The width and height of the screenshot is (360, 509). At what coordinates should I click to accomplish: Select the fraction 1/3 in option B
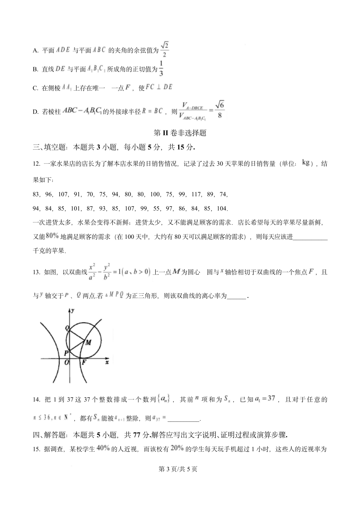click(161, 68)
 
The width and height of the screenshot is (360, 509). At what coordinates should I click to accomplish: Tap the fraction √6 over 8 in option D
click(219, 110)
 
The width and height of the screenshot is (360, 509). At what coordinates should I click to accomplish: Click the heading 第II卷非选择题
click(180, 133)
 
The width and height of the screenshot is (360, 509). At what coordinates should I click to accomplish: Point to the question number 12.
click(37, 164)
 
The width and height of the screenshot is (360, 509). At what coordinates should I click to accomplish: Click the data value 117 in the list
click(196, 194)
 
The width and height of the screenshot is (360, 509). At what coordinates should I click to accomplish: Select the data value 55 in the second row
click(156, 209)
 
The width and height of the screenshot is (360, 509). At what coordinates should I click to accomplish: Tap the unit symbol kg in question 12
click(306, 163)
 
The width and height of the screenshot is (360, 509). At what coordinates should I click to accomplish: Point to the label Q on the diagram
click(67, 328)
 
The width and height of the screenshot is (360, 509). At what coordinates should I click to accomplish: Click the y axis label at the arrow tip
click(73, 310)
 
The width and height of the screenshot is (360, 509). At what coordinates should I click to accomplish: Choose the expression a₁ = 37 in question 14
click(265, 398)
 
